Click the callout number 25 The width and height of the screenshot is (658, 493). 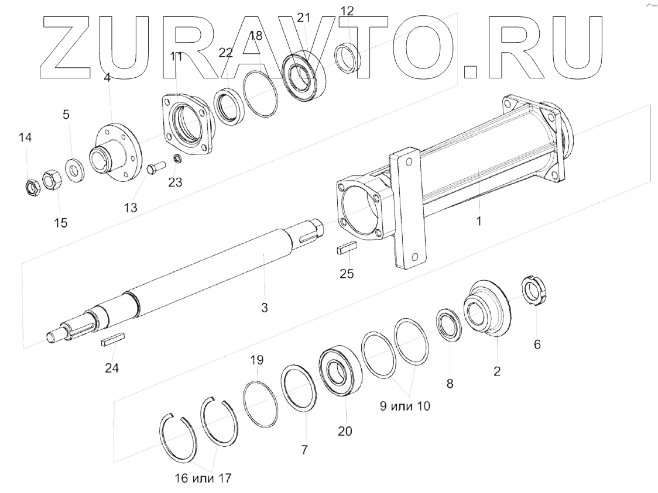347,273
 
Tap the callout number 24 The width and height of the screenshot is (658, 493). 111,368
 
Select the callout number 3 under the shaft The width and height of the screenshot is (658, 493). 265,307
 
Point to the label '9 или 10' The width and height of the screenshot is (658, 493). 405,406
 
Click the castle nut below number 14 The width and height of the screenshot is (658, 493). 29,187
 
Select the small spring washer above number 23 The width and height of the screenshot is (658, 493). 177,159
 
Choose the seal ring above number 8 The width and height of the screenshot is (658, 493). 450,323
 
